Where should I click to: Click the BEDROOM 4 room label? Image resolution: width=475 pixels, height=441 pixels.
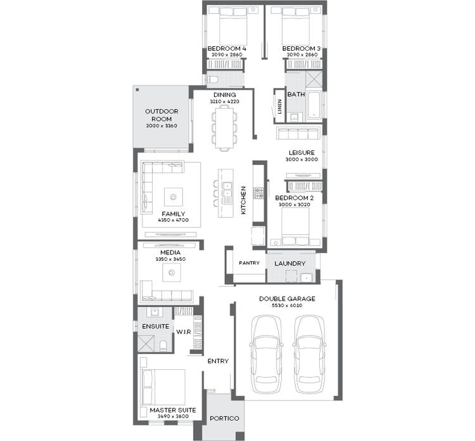(x=227, y=49)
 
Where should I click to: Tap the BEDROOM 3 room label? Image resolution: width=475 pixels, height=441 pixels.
(x=301, y=49)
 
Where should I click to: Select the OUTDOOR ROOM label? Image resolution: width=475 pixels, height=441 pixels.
(x=161, y=115)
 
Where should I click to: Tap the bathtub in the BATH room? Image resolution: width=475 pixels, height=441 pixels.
(x=314, y=105)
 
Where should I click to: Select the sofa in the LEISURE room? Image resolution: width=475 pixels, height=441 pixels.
(x=298, y=133)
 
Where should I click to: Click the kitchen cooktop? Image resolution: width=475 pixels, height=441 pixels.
(x=258, y=192)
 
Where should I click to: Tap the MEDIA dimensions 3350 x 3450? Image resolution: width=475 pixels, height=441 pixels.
(x=169, y=260)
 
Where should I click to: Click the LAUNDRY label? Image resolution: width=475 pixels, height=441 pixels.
(x=290, y=263)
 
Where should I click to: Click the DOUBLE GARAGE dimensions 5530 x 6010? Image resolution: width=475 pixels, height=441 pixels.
(x=287, y=306)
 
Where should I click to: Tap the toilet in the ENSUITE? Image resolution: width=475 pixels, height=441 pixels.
(x=163, y=345)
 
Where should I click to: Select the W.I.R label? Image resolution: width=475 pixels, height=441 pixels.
(x=184, y=331)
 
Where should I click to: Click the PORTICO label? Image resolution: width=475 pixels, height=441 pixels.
(x=224, y=418)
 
